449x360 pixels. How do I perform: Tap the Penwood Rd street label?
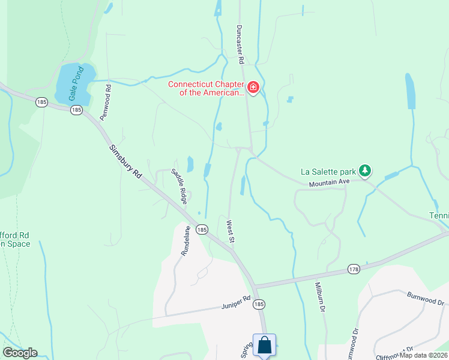106,103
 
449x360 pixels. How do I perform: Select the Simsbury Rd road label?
126,161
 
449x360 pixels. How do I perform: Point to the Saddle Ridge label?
179,184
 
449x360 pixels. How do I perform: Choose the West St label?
230,232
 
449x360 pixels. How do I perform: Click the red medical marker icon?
253,89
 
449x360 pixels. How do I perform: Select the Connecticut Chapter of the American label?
206,89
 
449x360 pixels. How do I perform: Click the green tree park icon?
364,171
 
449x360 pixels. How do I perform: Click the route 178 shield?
354,270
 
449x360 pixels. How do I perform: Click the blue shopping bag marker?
264,346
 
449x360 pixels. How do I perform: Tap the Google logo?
20,353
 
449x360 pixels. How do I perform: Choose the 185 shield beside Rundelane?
202,230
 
